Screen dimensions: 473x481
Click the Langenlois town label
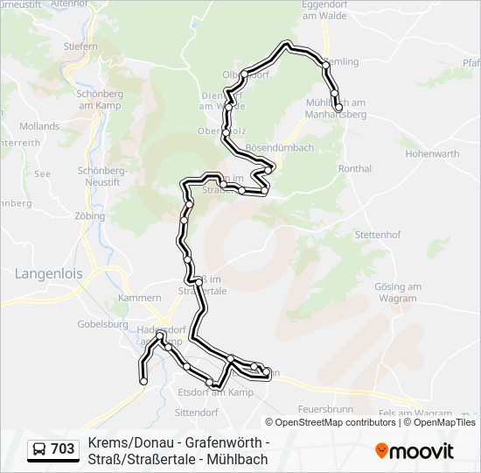(49, 273)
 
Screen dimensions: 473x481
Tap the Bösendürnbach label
(280, 148)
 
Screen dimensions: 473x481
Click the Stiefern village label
(80, 45)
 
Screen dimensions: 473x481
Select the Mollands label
(39, 126)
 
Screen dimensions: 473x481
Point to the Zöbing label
(90, 215)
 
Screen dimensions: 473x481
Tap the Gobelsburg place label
(103, 323)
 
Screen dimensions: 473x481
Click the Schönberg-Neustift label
(103, 176)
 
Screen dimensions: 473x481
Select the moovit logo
(415, 451)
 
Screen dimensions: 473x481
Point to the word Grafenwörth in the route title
(223, 443)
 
